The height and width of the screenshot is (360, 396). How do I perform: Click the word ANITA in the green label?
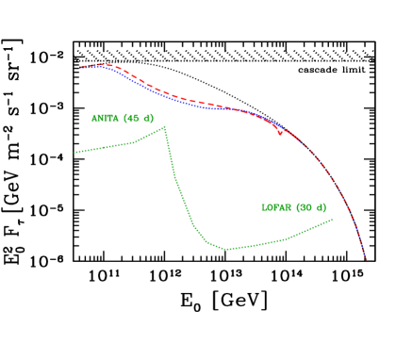105,119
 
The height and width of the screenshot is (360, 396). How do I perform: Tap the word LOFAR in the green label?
276,207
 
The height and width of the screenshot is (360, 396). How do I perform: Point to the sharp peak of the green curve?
165,127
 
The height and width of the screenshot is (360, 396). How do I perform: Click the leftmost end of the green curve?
75,152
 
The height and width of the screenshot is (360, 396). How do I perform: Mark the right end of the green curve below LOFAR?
332,220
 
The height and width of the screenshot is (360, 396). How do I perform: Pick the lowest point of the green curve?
227,250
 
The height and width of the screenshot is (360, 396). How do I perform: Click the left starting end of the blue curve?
81,68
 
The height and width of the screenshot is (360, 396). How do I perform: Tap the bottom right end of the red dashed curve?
366,257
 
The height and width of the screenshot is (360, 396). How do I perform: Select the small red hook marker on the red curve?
280,133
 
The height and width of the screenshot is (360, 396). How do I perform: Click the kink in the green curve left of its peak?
135,143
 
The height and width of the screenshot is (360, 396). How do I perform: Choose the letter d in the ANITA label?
147,119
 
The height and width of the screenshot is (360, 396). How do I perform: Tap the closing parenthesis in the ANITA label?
152,119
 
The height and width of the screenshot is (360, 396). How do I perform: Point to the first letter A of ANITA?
94,119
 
